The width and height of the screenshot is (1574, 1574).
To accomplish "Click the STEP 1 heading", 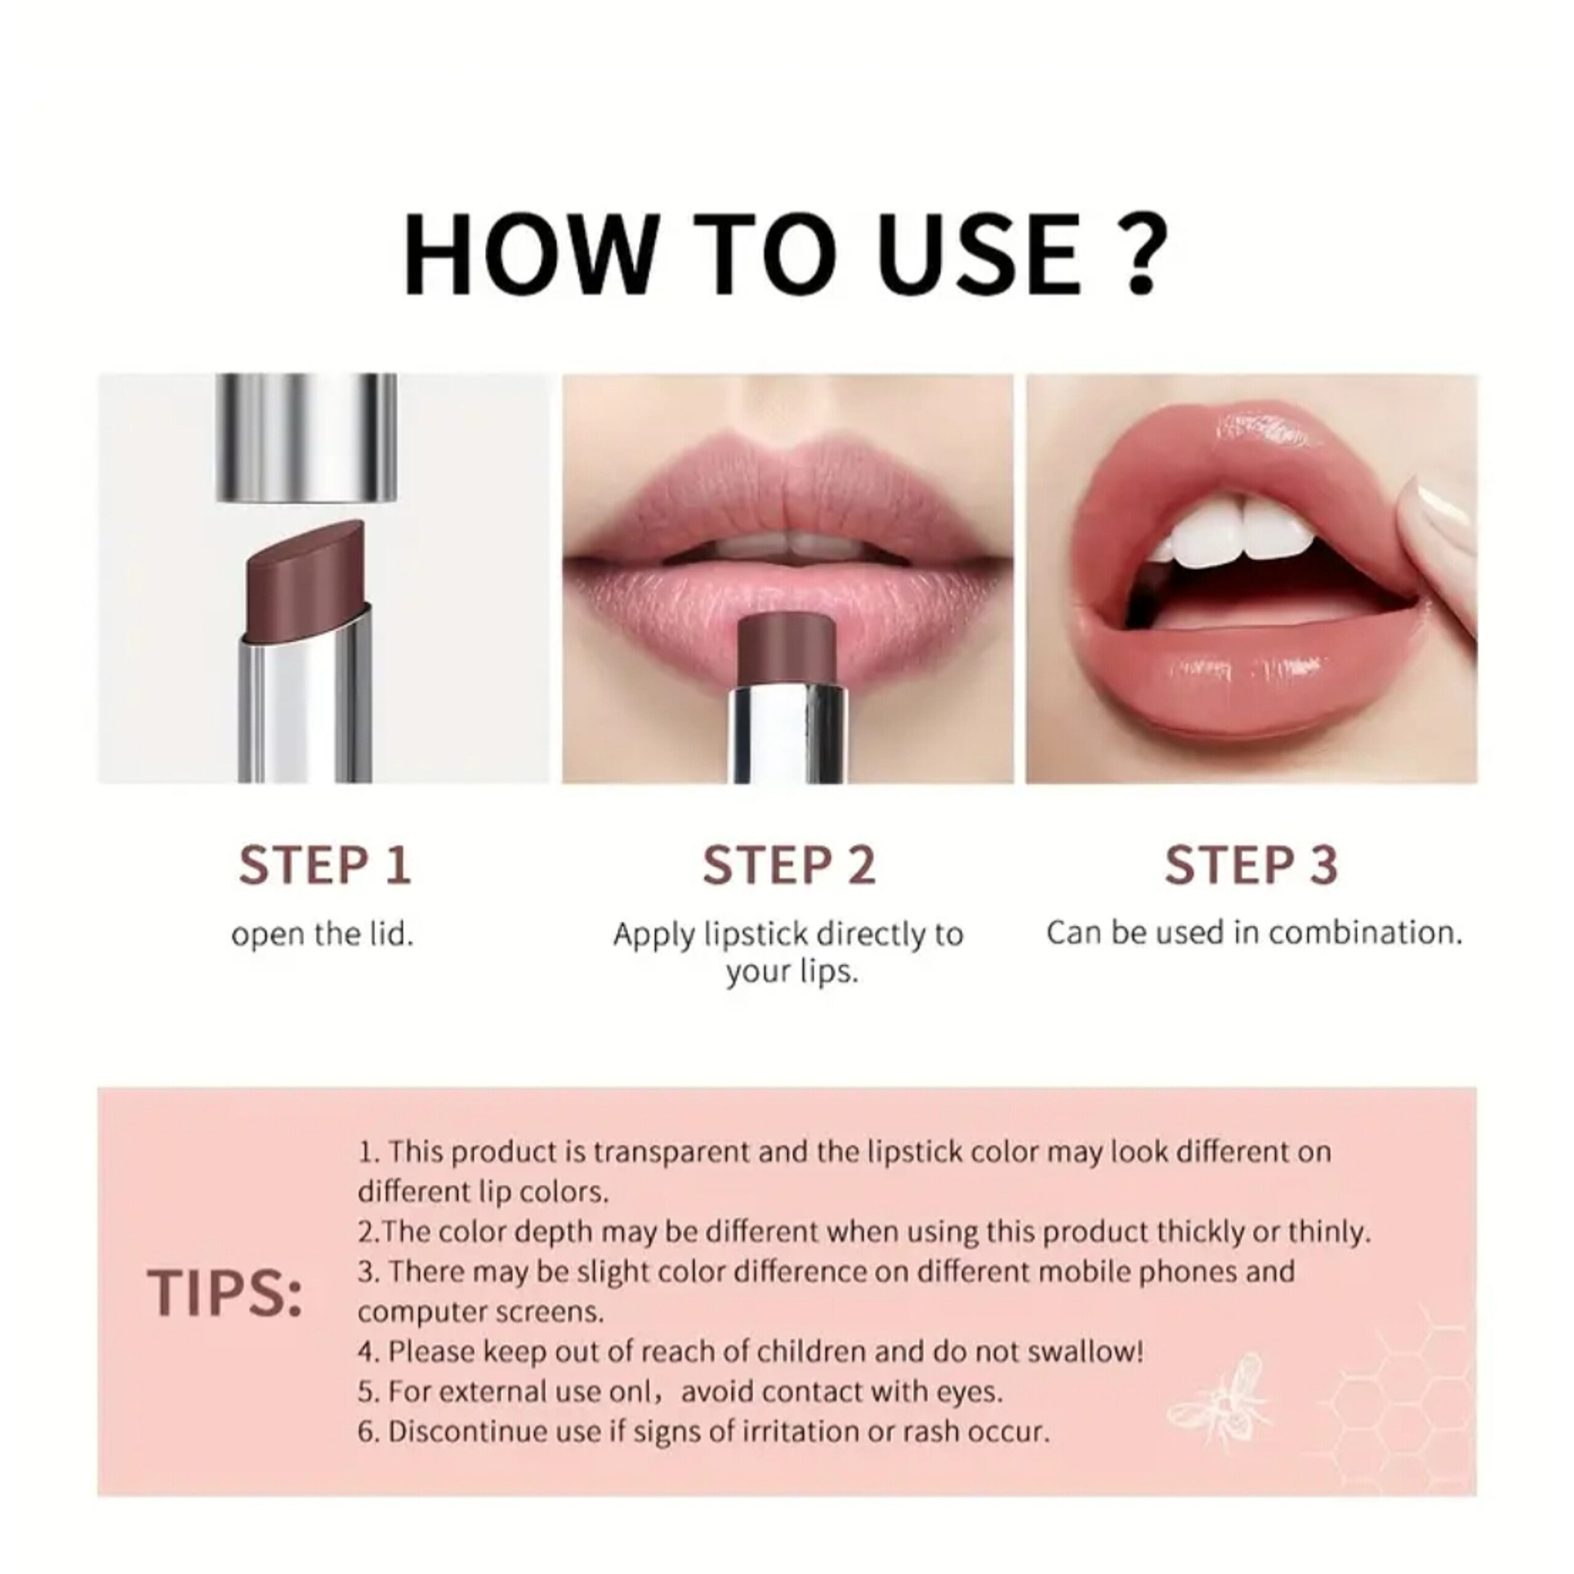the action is point(325,864).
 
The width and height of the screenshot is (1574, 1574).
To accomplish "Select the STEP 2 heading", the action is point(789,864).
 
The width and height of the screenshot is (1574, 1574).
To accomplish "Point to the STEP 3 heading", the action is point(1251,864).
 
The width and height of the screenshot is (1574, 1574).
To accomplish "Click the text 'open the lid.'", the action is point(323,935).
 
